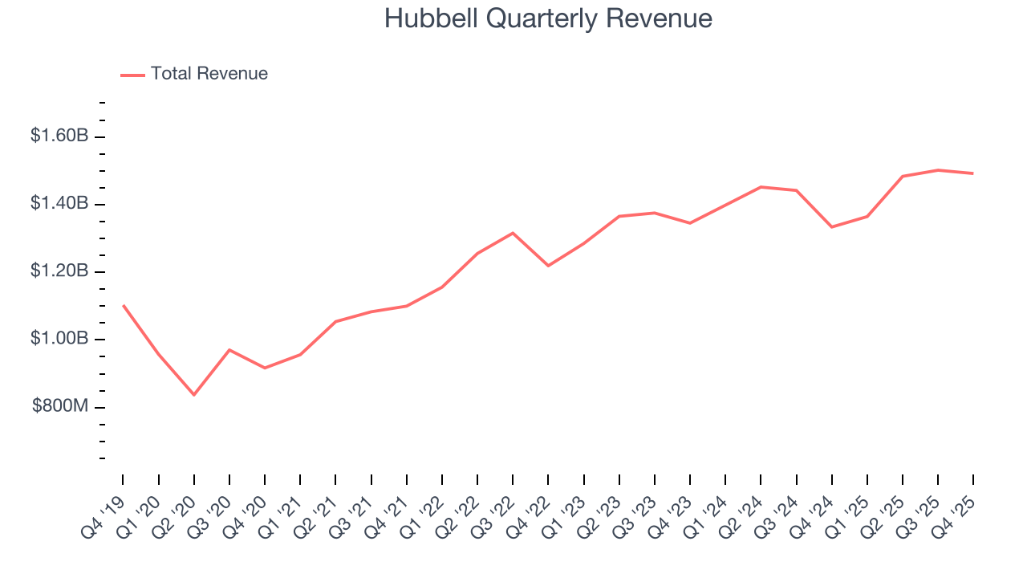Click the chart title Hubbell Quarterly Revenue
(548, 18)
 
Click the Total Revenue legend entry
(194, 74)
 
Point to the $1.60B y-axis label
(59, 136)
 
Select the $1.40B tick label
(59, 204)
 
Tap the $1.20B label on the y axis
(59, 271)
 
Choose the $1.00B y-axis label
(59, 339)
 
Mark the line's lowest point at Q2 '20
(194, 394)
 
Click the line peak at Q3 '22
(513, 233)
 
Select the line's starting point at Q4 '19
(123, 305)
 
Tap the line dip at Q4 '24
(831, 227)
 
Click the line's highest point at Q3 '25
(937, 170)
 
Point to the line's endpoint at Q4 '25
(972, 173)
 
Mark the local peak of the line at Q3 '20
(229, 350)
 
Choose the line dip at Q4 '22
(548, 266)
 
